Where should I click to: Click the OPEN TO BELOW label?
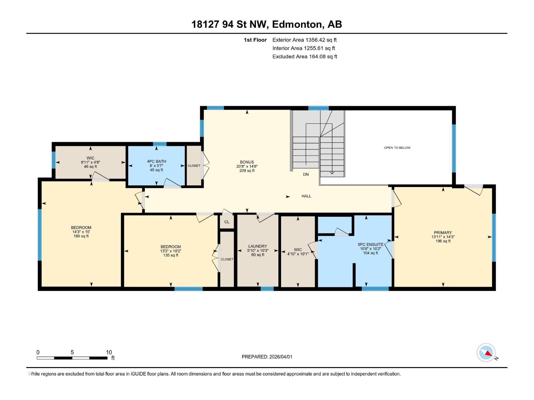[x=397, y=148]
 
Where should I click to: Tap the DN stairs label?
[x=306, y=174]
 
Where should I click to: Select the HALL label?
[x=306, y=196]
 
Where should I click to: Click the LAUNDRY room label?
[x=257, y=246]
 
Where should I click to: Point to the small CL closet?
[x=227, y=222]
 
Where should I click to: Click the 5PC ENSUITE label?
[x=370, y=244]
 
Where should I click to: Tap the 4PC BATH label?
[x=156, y=161]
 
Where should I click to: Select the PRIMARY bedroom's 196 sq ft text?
[x=443, y=241]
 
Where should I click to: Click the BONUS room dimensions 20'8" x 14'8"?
[x=247, y=166]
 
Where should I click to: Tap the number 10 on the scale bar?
[x=109, y=352]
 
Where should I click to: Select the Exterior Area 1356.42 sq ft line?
[x=304, y=40]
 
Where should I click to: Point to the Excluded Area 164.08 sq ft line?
[x=304, y=57]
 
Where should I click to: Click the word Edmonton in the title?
[x=297, y=24]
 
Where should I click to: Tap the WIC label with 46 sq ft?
[x=90, y=158]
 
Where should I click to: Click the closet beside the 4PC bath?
[x=194, y=166]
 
